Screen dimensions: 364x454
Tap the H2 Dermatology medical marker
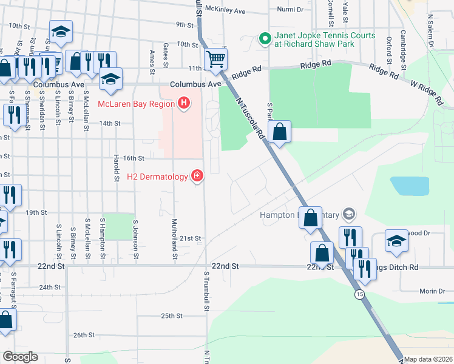pyautogui.click(x=197, y=177)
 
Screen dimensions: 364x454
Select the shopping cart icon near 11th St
pyautogui.click(x=215, y=59)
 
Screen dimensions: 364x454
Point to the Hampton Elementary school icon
pyautogui.click(x=348, y=214)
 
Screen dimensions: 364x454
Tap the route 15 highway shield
pyautogui.click(x=361, y=294)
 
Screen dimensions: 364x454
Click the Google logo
pyautogui.click(x=19, y=357)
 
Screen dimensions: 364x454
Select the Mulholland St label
pyautogui.click(x=174, y=239)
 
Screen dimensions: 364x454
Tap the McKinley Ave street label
pyautogui.click(x=225, y=11)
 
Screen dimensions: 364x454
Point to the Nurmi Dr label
pyautogui.click(x=290, y=10)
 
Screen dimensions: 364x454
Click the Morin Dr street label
pyautogui.click(x=433, y=291)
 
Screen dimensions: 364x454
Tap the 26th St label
pyautogui.click(x=85, y=335)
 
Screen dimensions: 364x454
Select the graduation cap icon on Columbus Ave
pyautogui.click(x=110, y=79)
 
